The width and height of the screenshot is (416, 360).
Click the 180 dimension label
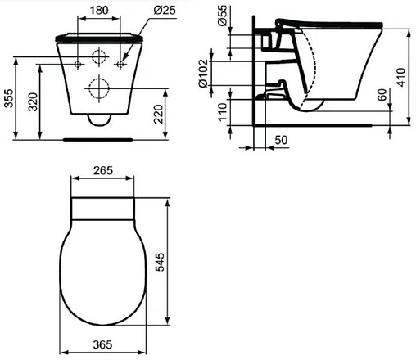click(x=99, y=10)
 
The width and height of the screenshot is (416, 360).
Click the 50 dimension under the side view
click(x=280, y=141)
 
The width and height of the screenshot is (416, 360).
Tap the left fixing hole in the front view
click(x=78, y=61)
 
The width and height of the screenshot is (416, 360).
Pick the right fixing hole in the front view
click(x=120, y=61)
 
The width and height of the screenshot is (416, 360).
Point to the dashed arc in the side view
click(x=314, y=65)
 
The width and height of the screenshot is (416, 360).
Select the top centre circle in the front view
click(x=99, y=59)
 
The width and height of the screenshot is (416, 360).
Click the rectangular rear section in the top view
click(x=102, y=206)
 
